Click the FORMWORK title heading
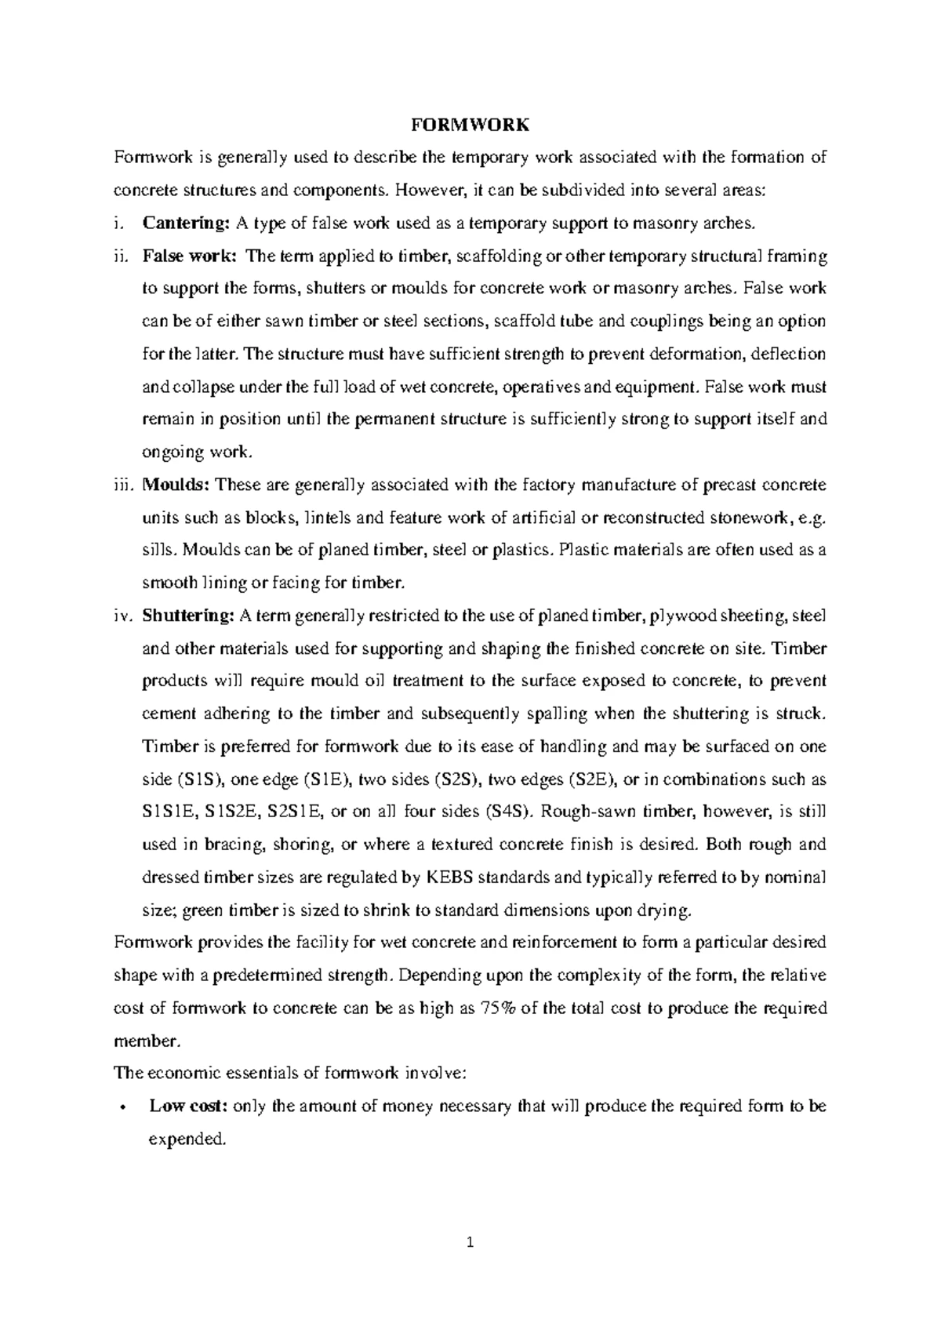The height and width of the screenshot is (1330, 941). pyautogui.click(x=470, y=125)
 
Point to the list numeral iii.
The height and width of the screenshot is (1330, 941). pyautogui.click(x=124, y=485)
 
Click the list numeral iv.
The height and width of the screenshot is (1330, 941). pyautogui.click(x=124, y=616)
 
